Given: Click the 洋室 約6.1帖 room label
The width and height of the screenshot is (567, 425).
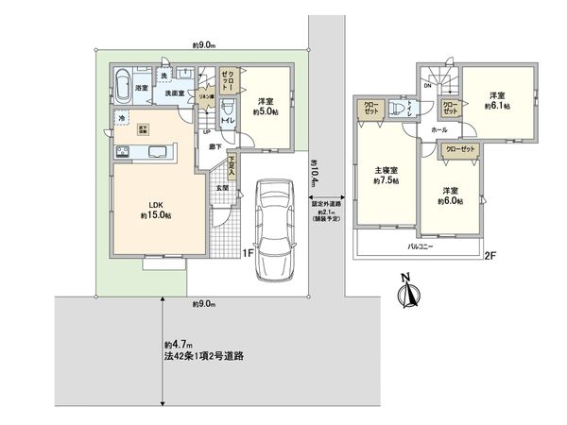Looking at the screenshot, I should coord(499,102).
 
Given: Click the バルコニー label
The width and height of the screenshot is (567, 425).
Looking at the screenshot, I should coord(420,244).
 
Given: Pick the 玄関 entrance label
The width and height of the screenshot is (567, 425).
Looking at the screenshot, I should coord(220,188).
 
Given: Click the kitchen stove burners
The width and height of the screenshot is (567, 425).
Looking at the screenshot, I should coord(122,152).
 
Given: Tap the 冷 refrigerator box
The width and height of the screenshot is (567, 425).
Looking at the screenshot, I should coord(121,117).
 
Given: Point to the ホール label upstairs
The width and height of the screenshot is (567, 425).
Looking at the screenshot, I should coord(440,129).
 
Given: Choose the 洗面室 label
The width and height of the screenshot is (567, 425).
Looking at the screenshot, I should coord(170,93).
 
